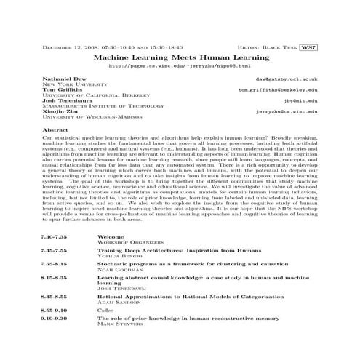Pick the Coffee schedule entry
(x=107, y=311)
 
